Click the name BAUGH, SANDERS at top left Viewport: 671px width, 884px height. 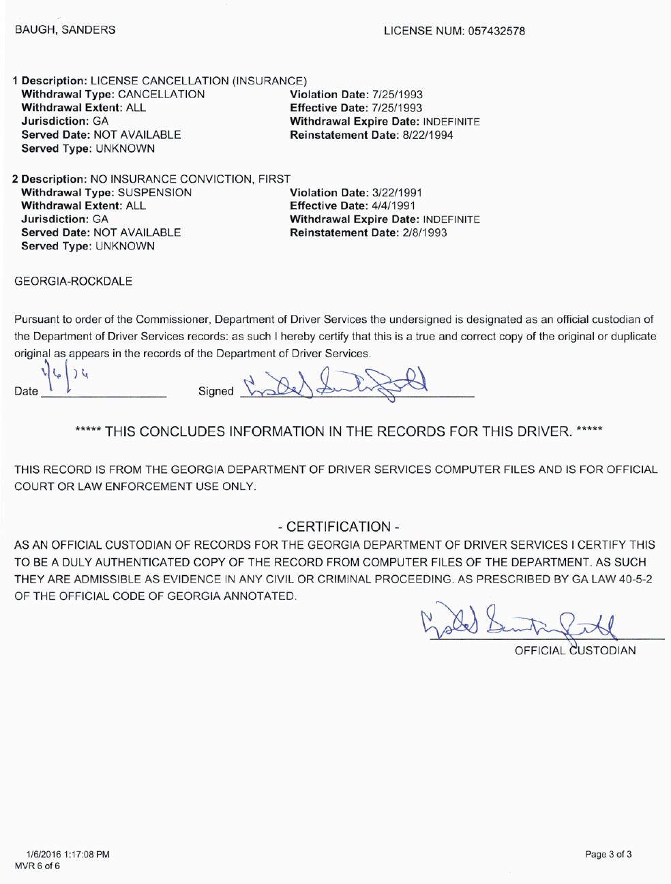65,30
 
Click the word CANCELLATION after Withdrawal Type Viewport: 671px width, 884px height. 162,95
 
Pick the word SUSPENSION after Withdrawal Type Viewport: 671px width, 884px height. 155,192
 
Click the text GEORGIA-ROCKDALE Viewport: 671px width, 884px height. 74,281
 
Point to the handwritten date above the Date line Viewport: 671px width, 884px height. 66,379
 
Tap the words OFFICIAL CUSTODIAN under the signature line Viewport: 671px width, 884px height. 575,650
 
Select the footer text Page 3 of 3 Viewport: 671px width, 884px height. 608,855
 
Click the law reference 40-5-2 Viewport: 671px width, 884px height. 634,579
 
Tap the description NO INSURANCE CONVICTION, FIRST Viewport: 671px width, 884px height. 190,179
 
